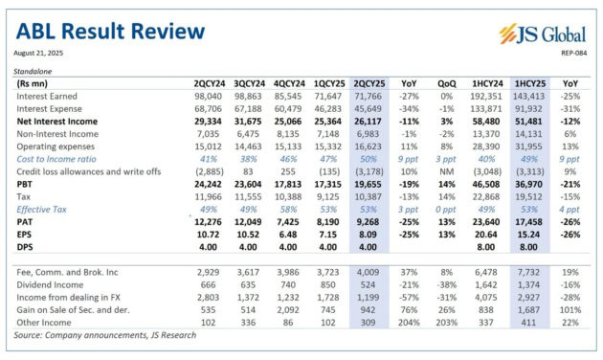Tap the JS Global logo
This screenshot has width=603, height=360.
click(x=542, y=34)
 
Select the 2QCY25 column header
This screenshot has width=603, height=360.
click(x=369, y=84)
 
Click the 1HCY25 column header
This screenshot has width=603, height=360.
click(x=529, y=84)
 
